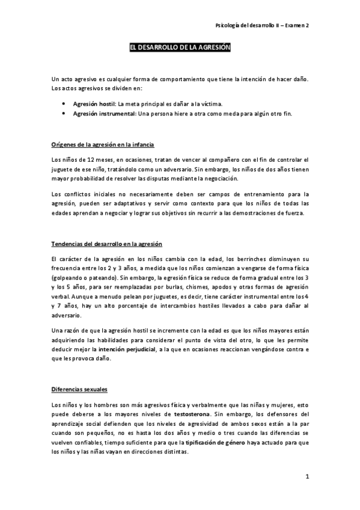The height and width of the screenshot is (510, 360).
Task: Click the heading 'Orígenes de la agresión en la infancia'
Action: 103,145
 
